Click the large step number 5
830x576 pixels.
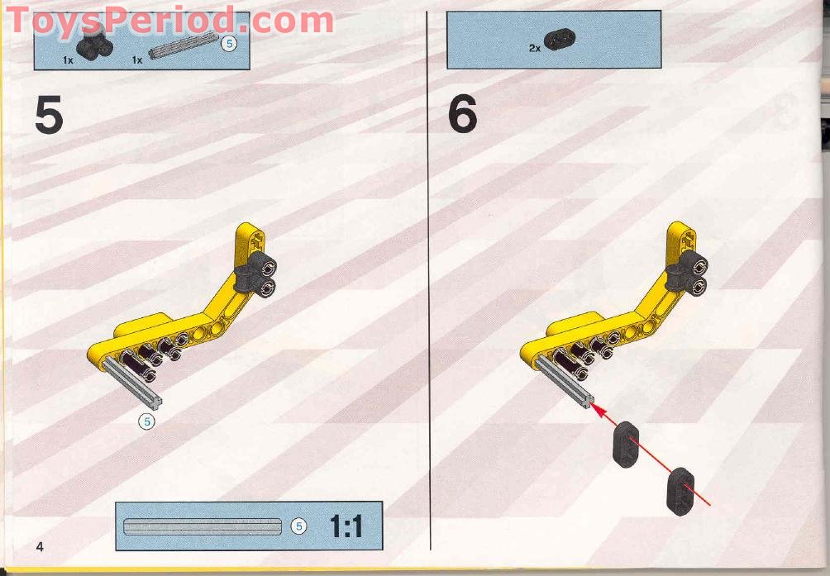coord(49,114)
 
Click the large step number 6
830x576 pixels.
coord(462,114)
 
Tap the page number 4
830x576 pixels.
coord(40,546)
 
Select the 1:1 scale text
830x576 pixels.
coord(346,526)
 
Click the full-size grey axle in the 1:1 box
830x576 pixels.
coord(203,526)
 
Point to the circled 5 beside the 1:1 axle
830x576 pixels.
coord(299,526)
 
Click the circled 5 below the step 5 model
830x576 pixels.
coord(147,421)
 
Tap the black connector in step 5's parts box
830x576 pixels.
coord(95,41)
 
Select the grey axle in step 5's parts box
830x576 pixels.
coord(184,45)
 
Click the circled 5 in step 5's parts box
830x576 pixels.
coord(229,43)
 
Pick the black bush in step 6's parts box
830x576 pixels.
coord(560,39)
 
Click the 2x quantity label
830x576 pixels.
coord(535,48)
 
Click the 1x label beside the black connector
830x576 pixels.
coord(68,60)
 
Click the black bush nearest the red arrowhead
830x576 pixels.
coord(626,445)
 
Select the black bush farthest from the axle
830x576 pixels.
coord(680,492)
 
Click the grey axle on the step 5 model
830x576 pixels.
coord(132,382)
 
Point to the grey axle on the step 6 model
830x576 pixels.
coord(565,381)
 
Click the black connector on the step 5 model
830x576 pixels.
coord(255,274)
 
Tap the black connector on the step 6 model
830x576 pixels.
coord(687,273)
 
